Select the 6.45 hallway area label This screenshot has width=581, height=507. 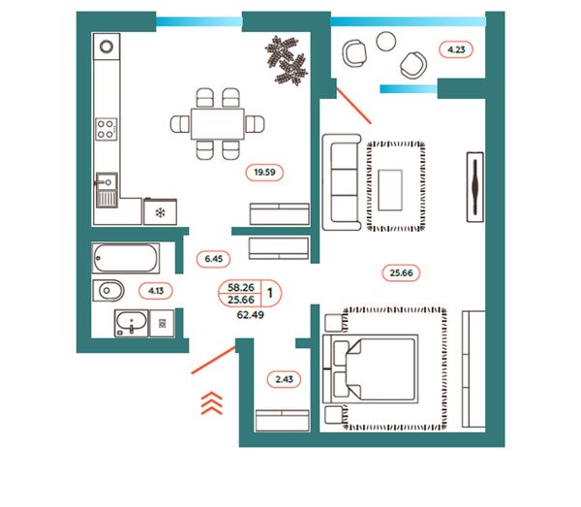pyautogui.click(x=214, y=259)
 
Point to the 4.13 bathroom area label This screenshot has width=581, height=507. pyautogui.click(x=155, y=290)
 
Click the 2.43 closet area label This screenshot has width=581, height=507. pyautogui.click(x=285, y=379)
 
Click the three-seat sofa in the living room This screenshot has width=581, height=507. pyautogui.click(x=340, y=181)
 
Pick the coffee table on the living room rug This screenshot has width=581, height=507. pyautogui.click(x=393, y=188)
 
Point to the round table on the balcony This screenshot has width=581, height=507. pyautogui.click(x=386, y=40)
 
